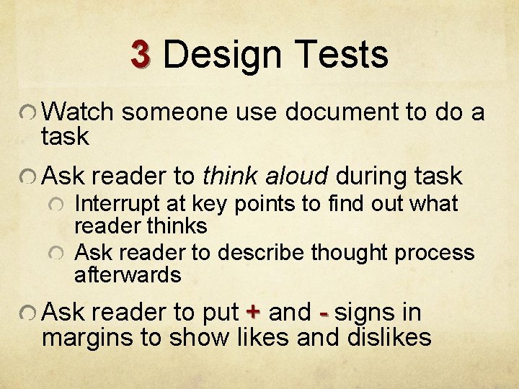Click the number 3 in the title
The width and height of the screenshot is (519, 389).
coord(141,55)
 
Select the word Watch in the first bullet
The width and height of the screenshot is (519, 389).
coord(79,112)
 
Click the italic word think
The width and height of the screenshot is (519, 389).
coord(231,176)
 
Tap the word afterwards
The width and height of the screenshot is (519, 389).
coord(128,274)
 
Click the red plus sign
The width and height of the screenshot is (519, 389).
coord(252,313)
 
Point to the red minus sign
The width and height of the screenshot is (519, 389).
coord(324,313)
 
